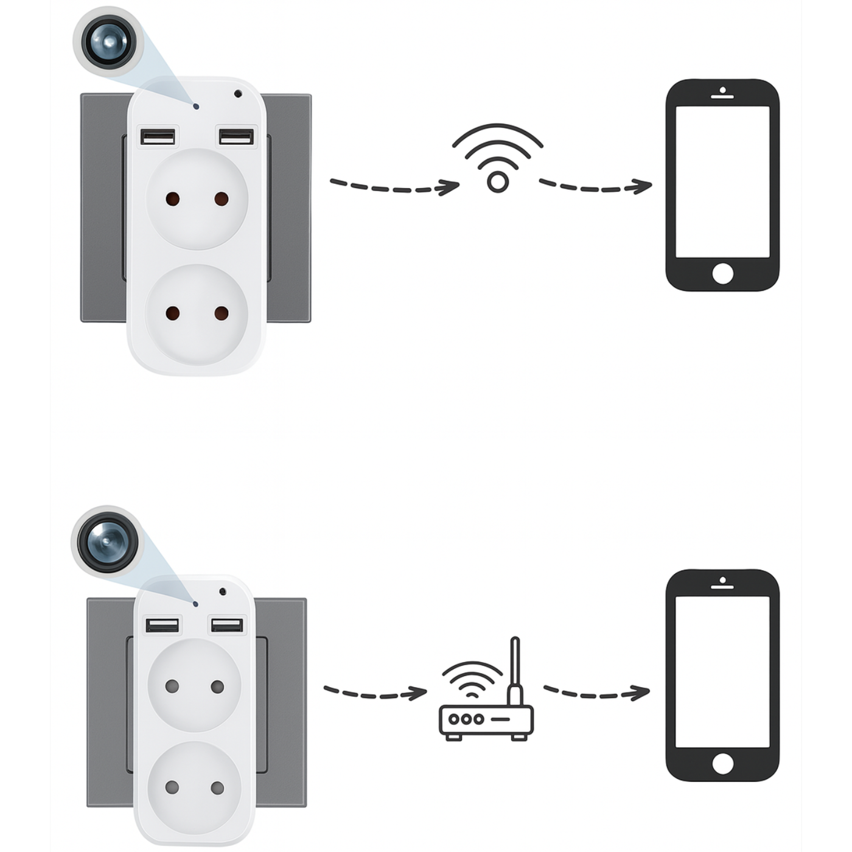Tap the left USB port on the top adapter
[x=159, y=136]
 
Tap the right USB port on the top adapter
[x=236, y=136]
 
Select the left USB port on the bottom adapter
[x=162, y=625]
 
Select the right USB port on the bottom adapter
[x=226, y=625]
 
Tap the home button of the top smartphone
[x=722, y=274]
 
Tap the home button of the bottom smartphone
[x=722, y=764]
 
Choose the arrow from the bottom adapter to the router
[x=375, y=693]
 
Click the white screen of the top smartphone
[x=722, y=183]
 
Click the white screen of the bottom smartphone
[x=722, y=672]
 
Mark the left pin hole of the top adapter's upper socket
[x=172, y=199]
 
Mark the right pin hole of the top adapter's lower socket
[x=222, y=313]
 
